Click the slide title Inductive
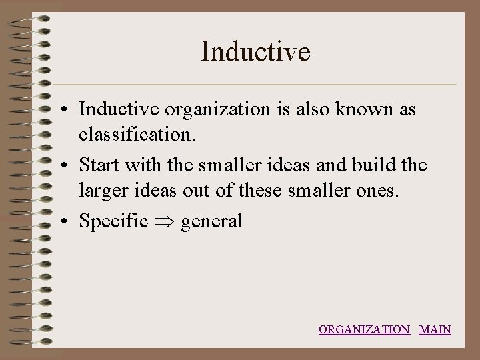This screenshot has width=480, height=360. point(255,51)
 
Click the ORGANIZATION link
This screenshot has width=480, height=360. point(364,329)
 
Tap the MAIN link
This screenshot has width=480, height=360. point(435,329)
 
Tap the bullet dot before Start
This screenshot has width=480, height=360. point(69,165)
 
